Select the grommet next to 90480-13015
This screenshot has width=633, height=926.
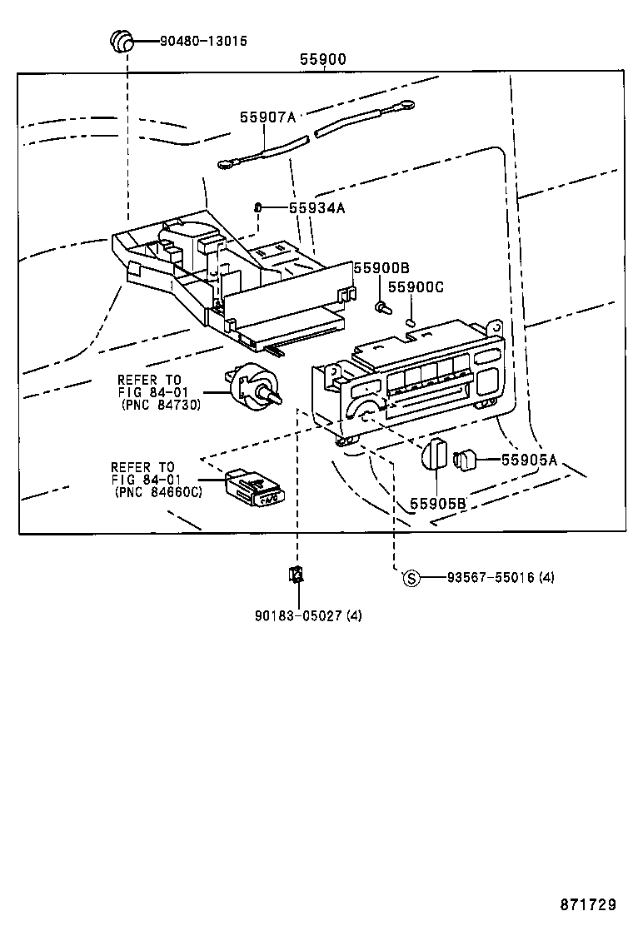pos(122,40)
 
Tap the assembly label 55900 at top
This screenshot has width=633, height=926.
pos(323,60)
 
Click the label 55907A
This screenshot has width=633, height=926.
pos(268,118)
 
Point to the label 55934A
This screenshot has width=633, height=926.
pos(316,208)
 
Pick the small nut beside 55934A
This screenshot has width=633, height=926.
pos(259,207)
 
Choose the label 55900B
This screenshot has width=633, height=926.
pos(381,267)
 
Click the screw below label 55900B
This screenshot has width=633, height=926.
pos(383,307)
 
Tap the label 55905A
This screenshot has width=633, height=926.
pos(529,459)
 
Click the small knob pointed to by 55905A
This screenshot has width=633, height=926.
pos(464,459)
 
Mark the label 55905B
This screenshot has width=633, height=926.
pos(437,504)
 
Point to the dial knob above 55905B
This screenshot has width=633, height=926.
pos(434,456)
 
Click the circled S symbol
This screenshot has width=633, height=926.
pos(410,577)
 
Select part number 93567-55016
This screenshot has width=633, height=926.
pos(488,577)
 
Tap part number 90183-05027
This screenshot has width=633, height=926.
pos(297,615)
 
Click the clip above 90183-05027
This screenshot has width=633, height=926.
pos(296,574)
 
